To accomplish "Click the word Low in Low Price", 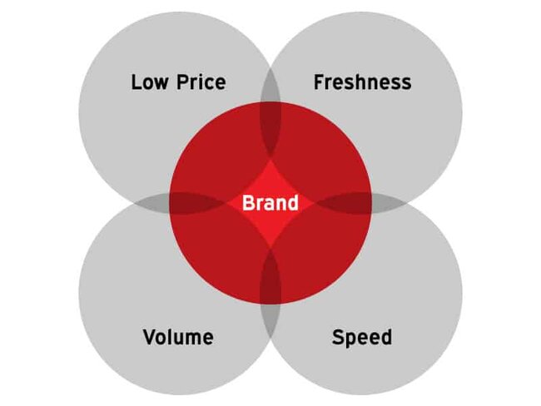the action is point(150,82).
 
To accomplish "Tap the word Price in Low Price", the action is point(201,82).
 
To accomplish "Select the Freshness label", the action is point(362,82).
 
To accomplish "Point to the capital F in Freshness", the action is point(319,82).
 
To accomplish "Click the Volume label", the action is point(178,337).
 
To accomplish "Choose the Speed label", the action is point(362,338).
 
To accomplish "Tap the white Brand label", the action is point(270,203).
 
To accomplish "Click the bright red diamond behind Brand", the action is point(270,204).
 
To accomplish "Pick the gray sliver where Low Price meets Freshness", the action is point(270,85).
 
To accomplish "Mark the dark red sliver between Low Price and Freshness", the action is point(270,129).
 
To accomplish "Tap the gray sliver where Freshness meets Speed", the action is point(389,204).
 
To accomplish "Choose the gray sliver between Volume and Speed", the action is point(270,321).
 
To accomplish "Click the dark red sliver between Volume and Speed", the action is point(270,276).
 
